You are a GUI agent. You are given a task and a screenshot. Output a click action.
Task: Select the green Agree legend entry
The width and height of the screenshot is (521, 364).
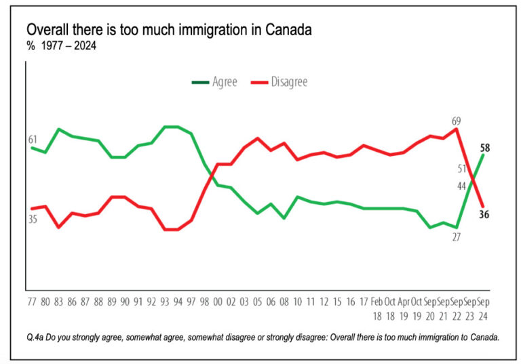pyautogui.click(x=216, y=82)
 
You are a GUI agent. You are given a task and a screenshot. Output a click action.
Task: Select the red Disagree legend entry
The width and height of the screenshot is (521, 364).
pyautogui.click(x=279, y=82)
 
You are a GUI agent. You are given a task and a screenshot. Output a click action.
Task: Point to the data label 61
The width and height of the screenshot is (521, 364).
pyautogui.click(x=33, y=140)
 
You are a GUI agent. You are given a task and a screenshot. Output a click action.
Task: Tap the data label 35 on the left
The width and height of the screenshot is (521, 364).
pyautogui.click(x=33, y=219)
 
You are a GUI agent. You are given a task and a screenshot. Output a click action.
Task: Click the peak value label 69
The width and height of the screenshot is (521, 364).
pyautogui.click(x=456, y=121)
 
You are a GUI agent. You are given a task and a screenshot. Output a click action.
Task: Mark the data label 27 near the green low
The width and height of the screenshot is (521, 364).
pyautogui.click(x=456, y=237)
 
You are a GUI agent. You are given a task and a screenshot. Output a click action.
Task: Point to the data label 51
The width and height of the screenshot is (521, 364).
pyautogui.click(x=461, y=169)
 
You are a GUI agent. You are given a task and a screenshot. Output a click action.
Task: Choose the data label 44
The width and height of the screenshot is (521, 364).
pyautogui.click(x=461, y=186)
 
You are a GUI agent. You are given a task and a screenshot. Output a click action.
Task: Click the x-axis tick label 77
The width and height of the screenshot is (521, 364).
pyautogui.click(x=32, y=300)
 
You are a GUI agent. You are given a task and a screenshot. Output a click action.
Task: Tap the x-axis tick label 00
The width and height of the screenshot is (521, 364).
pyautogui.click(x=218, y=300)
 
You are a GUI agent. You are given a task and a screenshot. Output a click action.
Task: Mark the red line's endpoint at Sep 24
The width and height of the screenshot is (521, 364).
pyautogui.click(x=483, y=207)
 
